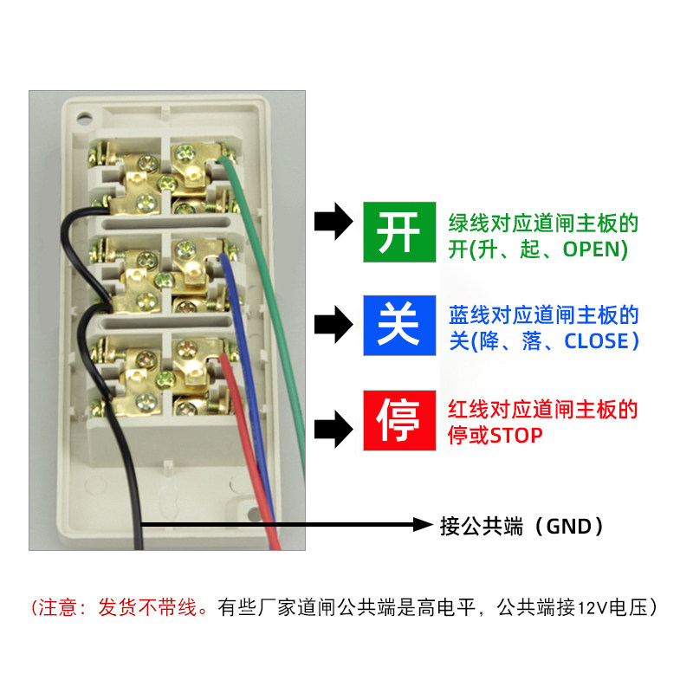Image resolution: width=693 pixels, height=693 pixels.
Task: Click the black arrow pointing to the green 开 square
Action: click(334, 223)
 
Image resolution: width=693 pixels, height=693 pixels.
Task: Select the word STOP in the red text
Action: click(516, 435)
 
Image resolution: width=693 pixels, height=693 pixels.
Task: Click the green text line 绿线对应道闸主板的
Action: click(543, 224)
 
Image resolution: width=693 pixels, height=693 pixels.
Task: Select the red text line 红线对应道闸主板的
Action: click(543, 409)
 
